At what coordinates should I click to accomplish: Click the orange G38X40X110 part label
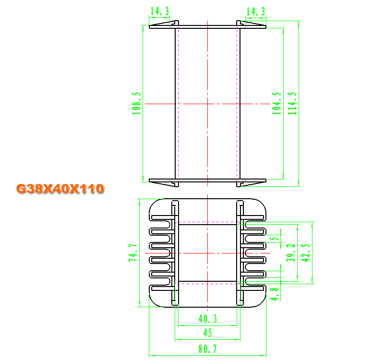click(x=60, y=189)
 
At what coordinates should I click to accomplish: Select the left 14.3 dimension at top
click(x=159, y=11)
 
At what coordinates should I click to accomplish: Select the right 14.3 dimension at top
click(x=256, y=12)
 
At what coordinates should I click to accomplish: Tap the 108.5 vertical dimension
click(x=136, y=103)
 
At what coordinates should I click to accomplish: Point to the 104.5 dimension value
click(x=277, y=103)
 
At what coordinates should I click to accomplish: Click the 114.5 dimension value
click(x=292, y=103)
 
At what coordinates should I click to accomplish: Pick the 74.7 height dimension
click(x=133, y=253)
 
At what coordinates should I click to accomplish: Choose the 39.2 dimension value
click(x=291, y=252)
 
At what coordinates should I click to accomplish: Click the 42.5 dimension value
click(x=305, y=253)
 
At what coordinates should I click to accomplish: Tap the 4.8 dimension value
click(x=274, y=294)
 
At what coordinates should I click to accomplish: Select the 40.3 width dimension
click(x=208, y=319)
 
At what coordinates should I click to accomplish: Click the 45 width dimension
click(x=208, y=333)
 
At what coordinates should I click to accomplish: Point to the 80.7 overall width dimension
click(x=208, y=349)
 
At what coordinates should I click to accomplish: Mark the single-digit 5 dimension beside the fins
click(x=275, y=238)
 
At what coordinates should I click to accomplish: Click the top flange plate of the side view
click(x=208, y=27)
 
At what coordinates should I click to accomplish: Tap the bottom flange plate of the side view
click(x=208, y=180)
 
